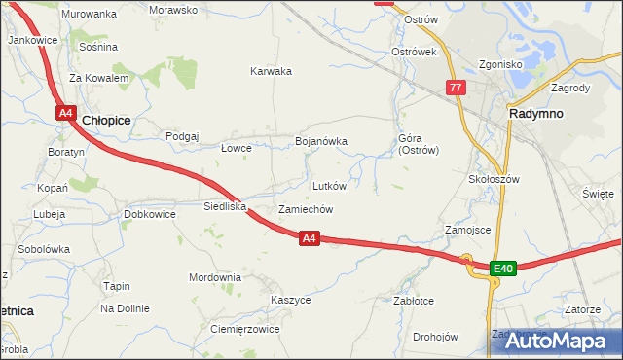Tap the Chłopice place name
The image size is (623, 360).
point(107,119)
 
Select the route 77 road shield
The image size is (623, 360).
point(456,88)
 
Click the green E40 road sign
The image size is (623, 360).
point(502,268)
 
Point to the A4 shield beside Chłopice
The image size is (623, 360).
point(65,114)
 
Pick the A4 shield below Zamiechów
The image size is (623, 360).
point(309,237)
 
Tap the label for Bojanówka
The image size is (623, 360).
point(321,142)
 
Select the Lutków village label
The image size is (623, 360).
point(329,185)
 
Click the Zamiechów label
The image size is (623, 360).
point(307,209)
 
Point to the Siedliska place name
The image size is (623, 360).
point(225,206)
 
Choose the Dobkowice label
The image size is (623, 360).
point(149,214)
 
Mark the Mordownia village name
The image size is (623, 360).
point(215,277)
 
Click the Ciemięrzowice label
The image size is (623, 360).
point(245,329)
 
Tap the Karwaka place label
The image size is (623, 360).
point(271,71)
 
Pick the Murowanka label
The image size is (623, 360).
point(89,14)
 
